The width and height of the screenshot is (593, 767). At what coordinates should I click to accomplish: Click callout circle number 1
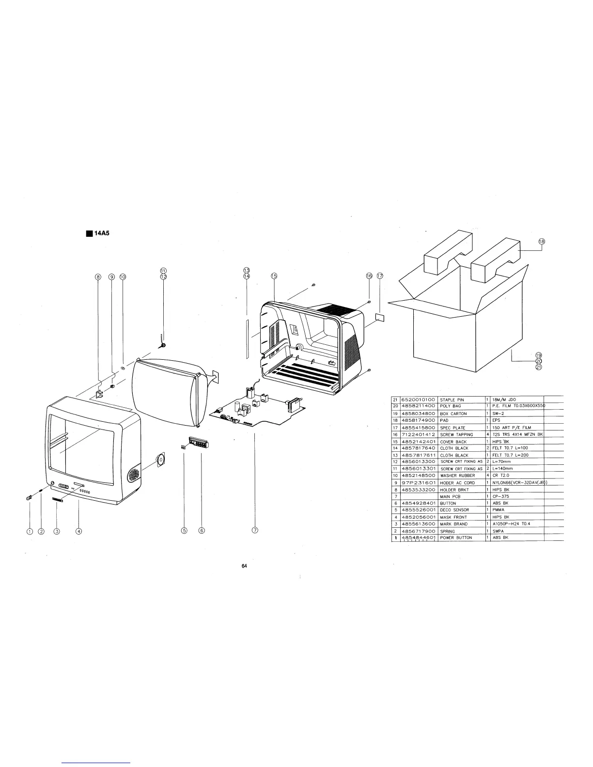(30, 531)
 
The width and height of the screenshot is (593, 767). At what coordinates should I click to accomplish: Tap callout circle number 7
(255, 530)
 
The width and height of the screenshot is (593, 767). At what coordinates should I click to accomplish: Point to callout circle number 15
(274, 276)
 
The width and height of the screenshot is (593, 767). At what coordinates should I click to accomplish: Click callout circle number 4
(78, 531)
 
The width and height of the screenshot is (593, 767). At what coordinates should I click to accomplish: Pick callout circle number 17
(380, 276)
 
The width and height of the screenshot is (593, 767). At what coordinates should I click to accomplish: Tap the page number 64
(245, 567)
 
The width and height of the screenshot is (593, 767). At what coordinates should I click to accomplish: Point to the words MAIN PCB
(449, 496)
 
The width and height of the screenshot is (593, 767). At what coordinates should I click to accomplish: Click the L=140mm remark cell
(504, 469)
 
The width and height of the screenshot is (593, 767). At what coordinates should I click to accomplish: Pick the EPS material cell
(496, 420)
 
